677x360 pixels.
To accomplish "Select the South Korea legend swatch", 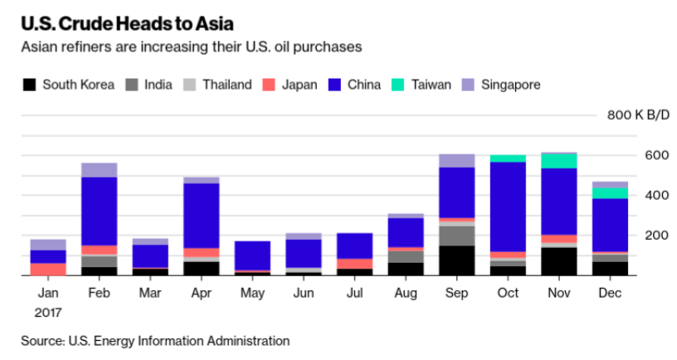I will [x=31, y=85].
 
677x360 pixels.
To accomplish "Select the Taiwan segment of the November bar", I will [x=558, y=160].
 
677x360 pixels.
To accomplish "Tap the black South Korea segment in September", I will [x=457, y=260].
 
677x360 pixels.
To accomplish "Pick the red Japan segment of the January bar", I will [x=48, y=269].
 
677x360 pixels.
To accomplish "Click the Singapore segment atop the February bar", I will [x=100, y=170].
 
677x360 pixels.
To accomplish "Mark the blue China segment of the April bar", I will [x=202, y=216].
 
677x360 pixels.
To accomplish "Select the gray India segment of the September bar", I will [x=457, y=236].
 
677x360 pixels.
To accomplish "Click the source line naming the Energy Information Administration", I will [x=156, y=341].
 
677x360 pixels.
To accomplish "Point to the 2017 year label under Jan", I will [x=49, y=313].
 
